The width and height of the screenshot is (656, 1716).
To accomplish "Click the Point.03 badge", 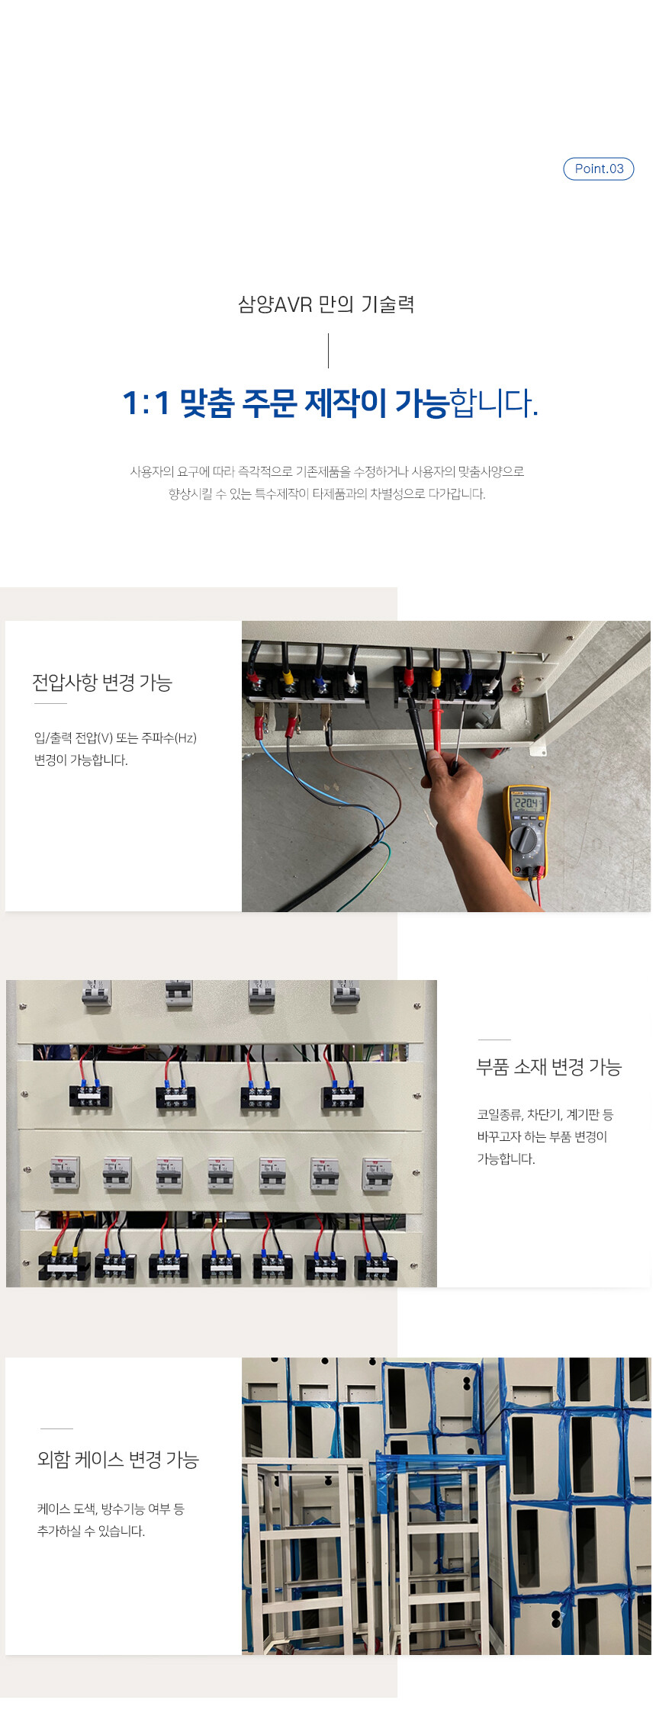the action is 598,169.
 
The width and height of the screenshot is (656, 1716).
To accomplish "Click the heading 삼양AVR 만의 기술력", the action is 326,304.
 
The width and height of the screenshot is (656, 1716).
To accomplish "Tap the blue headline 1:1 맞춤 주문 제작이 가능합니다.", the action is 330,403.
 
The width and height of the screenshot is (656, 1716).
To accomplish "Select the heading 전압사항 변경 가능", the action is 102,682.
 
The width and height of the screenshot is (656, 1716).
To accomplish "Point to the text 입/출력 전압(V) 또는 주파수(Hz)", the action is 115,737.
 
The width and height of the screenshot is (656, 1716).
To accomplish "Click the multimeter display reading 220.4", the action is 529,804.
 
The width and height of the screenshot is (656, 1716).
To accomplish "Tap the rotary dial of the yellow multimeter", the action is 525,840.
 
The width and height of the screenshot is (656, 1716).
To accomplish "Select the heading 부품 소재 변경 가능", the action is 549,1066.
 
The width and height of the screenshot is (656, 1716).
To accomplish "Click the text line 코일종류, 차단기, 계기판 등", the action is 545,1114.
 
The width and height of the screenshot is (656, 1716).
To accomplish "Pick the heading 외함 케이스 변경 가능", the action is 118,1459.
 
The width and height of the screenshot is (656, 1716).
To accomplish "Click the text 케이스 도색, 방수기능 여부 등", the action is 111,1509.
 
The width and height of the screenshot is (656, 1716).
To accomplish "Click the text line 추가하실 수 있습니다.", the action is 91,1531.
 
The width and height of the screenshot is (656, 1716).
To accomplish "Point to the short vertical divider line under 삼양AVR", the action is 328,351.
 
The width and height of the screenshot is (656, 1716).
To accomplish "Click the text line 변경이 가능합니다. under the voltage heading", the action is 81,760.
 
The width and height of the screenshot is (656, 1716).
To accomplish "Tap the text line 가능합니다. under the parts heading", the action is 506,1158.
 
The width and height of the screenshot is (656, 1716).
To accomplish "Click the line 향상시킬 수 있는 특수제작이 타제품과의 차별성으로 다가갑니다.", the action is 327,493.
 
